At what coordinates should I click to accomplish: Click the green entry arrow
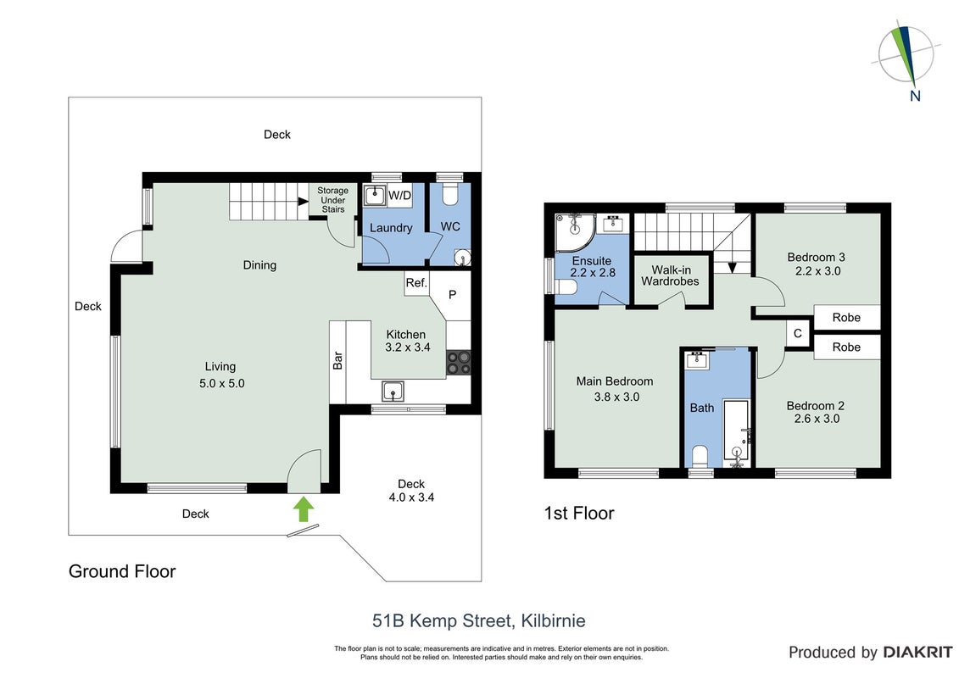pos(304,508)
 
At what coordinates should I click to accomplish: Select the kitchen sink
pos(392,390)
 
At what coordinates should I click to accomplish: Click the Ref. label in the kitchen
pos(416,283)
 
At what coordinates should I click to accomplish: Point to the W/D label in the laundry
pos(400,196)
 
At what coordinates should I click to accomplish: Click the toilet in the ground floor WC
pos(449,194)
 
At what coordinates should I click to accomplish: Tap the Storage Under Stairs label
pos(332,200)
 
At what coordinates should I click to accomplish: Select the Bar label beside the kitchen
pos(337,360)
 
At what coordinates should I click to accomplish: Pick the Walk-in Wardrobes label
pos(671,275)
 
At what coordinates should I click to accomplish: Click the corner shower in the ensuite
pos(574,232)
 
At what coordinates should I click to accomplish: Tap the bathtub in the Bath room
pos(737,431)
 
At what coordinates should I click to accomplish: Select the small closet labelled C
pos(798,334)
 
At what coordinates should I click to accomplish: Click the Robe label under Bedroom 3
pos(846,318)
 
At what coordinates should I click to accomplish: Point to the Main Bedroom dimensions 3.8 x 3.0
pos(616,397)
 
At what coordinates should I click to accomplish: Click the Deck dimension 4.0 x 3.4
pos(411,497)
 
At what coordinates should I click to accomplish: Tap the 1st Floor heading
pos(579,513)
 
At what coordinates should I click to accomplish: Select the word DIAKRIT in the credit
pos(917,653)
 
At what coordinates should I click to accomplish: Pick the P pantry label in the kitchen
pos(453,295)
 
